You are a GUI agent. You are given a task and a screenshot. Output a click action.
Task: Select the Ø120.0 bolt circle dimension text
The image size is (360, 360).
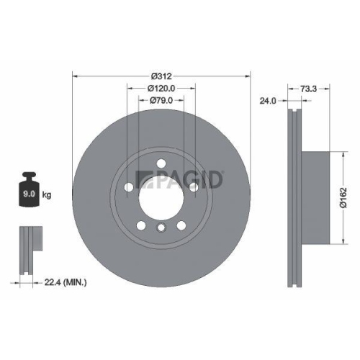tap(161, 87)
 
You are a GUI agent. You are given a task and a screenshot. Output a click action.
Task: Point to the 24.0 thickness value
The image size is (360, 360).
tap(269, 101)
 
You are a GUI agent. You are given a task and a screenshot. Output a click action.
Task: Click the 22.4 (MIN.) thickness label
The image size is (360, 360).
tap(66, 283)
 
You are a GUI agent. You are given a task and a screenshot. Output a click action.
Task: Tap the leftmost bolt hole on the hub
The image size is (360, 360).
tap(129, 188)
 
